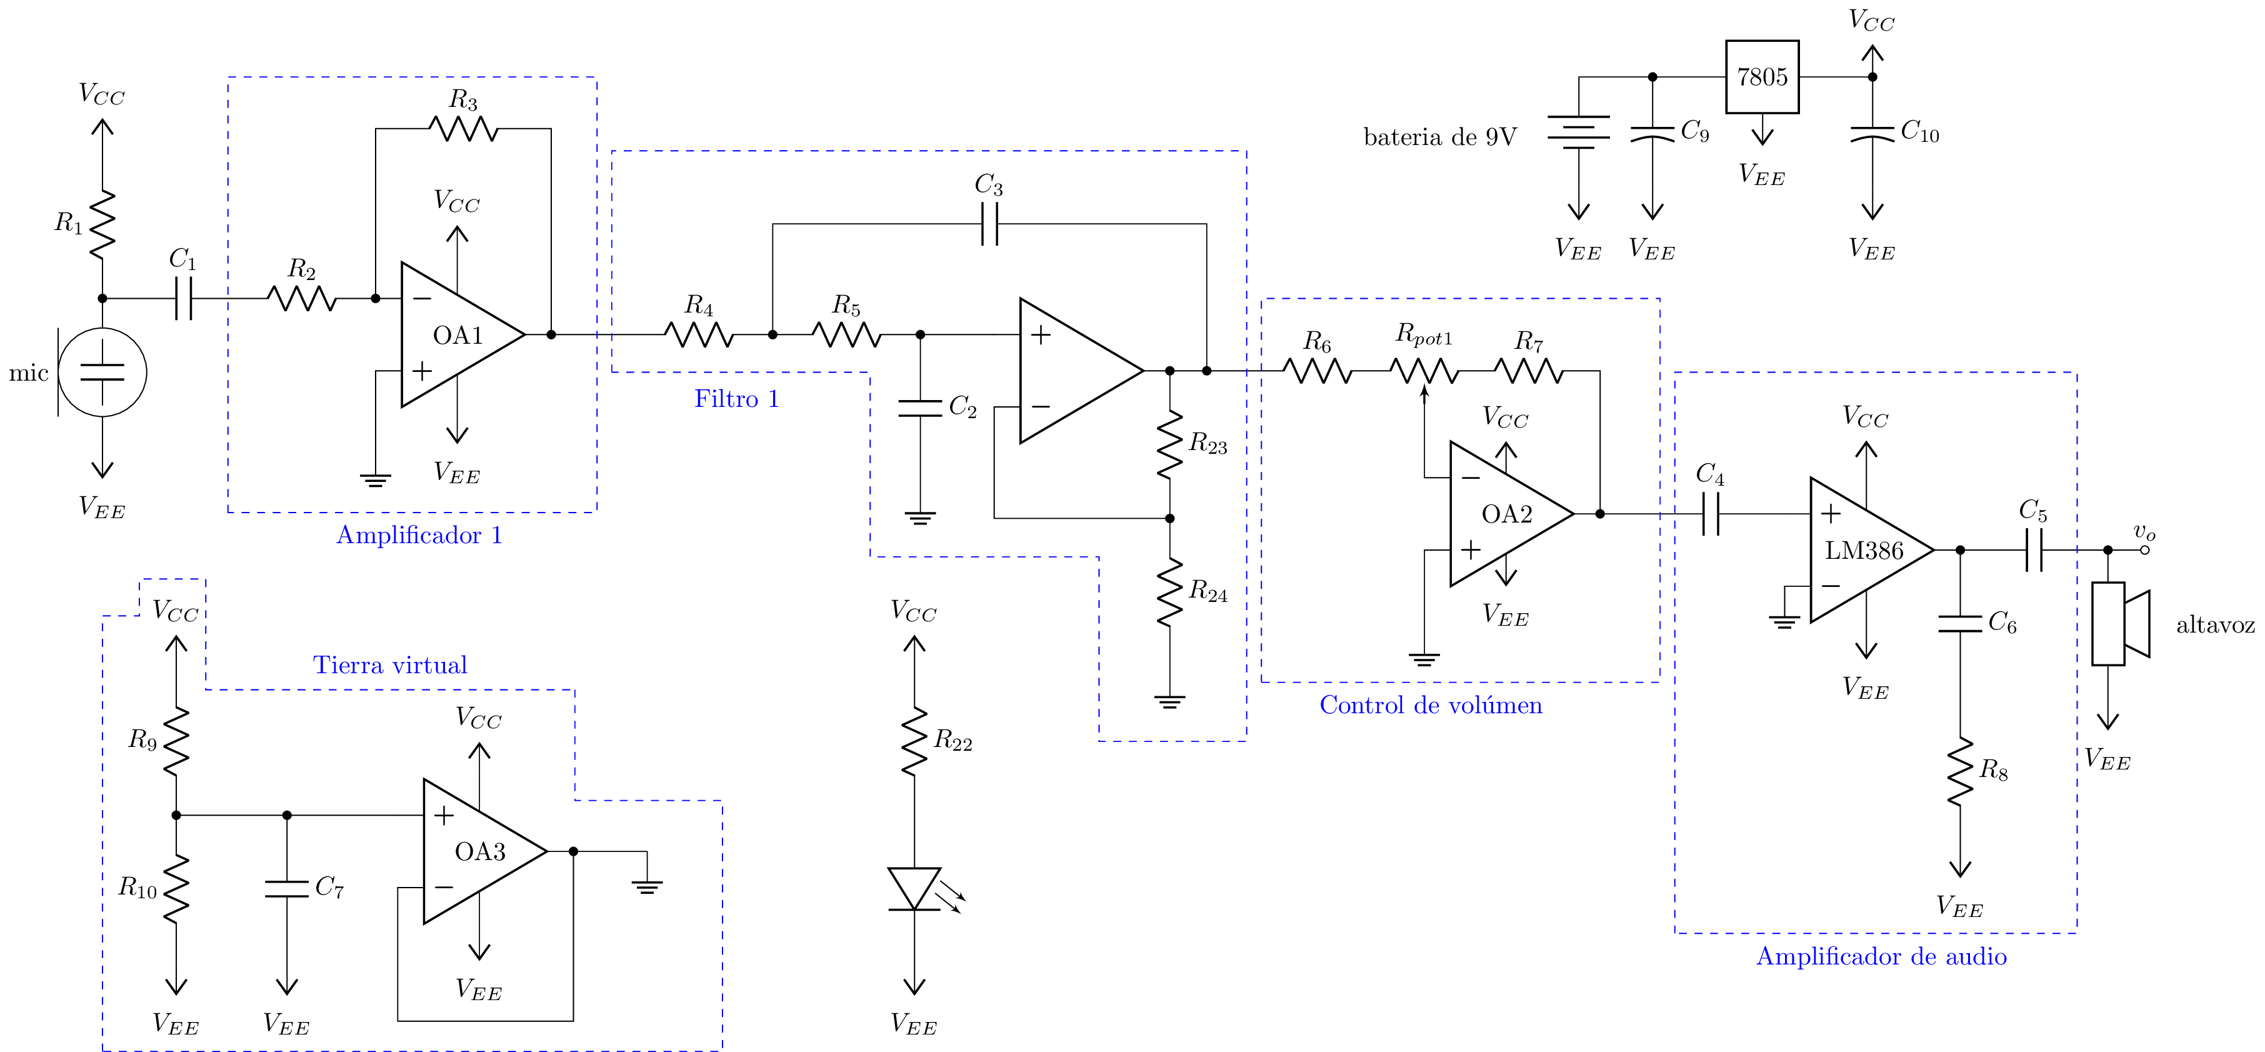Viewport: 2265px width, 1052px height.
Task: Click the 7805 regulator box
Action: pyautogui.click(x=1761, y=76)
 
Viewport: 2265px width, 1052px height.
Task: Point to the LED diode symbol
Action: pyautogui.click(x=914, y=888)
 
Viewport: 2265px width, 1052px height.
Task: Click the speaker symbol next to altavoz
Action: pyautogui.click(x=2120, y=624)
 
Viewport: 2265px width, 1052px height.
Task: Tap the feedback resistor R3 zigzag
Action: pyautogui.click(x=463, y=128)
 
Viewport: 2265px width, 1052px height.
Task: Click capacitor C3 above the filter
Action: pyautogui.click(x=989, y=224)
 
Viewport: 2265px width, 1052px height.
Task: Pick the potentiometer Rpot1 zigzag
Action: pyautogui.click(x=1424, y=371)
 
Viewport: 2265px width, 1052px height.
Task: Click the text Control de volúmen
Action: pyautogui.click(x=1431, y=704)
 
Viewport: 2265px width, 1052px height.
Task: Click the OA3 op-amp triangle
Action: pyautogui.click(x=479, y=851)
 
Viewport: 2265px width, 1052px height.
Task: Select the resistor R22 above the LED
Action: pyautogui.click(x=914, y=741)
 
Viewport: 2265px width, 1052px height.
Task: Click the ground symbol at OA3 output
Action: pyautogui.click(x=646, y=886)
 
